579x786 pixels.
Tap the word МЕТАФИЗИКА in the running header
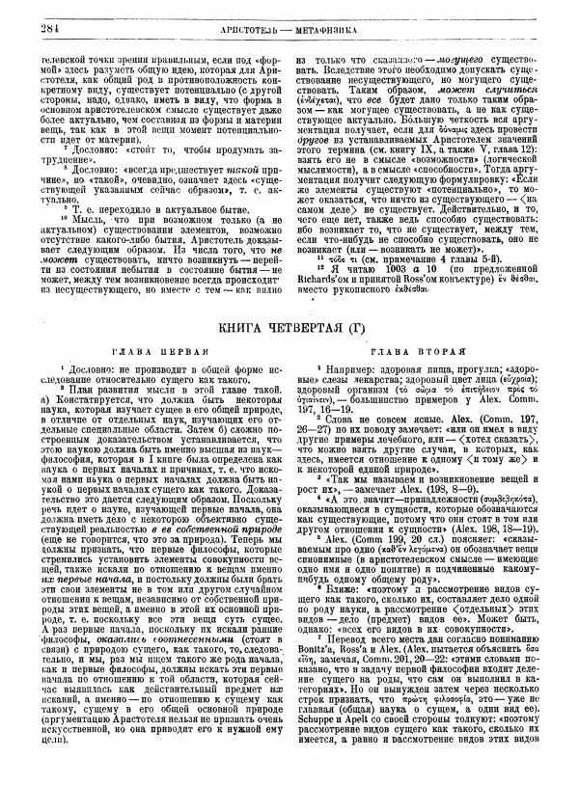pyautogui.click(x=344, y=14)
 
